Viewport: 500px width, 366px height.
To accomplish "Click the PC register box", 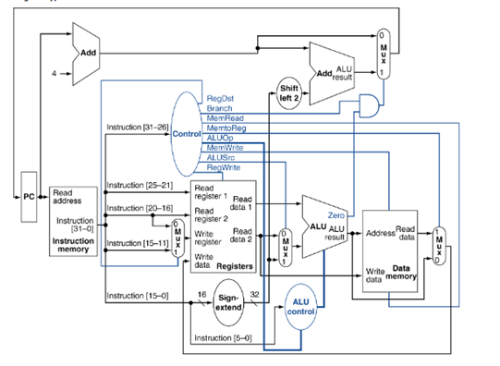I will (30, 196).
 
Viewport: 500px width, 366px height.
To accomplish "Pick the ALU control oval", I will (301, 307).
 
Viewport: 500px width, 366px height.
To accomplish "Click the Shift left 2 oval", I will (288, 93).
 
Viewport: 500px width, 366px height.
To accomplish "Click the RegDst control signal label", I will (220, 98).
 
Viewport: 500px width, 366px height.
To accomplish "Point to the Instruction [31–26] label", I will (139, 127).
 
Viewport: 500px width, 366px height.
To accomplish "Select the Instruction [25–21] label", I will (139, 186).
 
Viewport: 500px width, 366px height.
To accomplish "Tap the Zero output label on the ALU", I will (335, 214).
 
